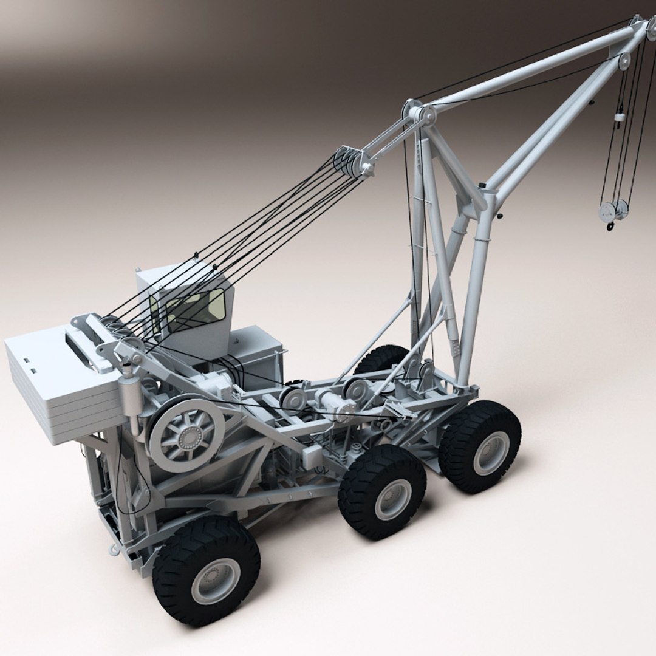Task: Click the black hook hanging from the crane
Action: (x=610, y=227)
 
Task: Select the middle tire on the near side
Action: (x=383, y=492)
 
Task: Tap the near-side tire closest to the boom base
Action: (x=480, y=446)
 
